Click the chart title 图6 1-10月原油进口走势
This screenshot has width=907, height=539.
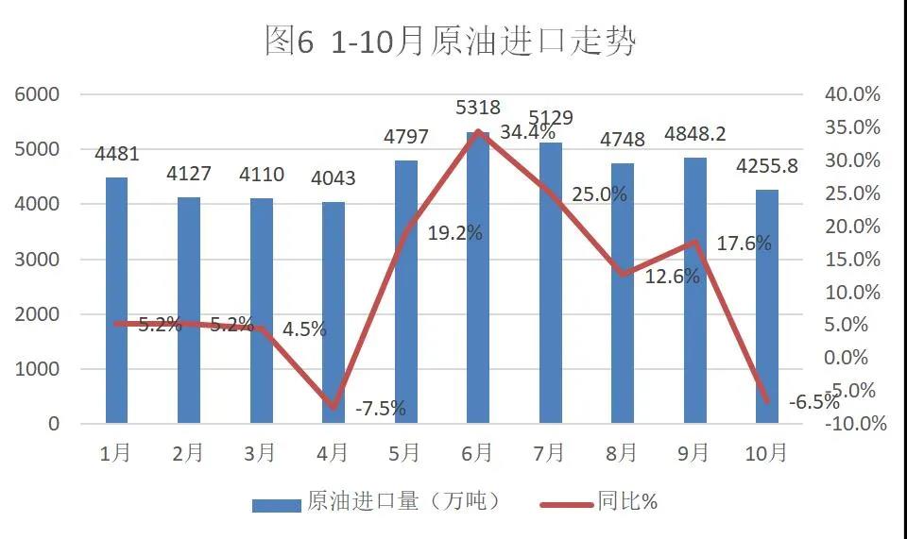[x=451, y=42]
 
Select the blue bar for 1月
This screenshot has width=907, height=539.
[x=116, y=300]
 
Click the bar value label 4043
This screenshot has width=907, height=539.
[x=334, y=177]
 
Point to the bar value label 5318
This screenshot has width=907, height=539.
[x=478, y=108]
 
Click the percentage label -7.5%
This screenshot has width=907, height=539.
[x=381, y=409]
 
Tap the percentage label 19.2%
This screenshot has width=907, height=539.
[x=454, y=233]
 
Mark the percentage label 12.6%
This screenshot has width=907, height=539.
[x=673, y=277]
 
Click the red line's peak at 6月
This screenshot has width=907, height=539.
[x=478, y=132]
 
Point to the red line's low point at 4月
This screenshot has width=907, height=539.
[x=334, y=408]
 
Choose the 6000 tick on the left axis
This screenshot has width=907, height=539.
[x=38, y=94]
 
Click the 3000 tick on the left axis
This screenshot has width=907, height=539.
[x=38, y=260]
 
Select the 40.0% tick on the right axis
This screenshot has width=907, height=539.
[x=853, y=94]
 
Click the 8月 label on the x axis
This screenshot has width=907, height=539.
[x=622, y=453]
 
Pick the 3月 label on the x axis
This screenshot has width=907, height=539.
[x=261, y=453]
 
